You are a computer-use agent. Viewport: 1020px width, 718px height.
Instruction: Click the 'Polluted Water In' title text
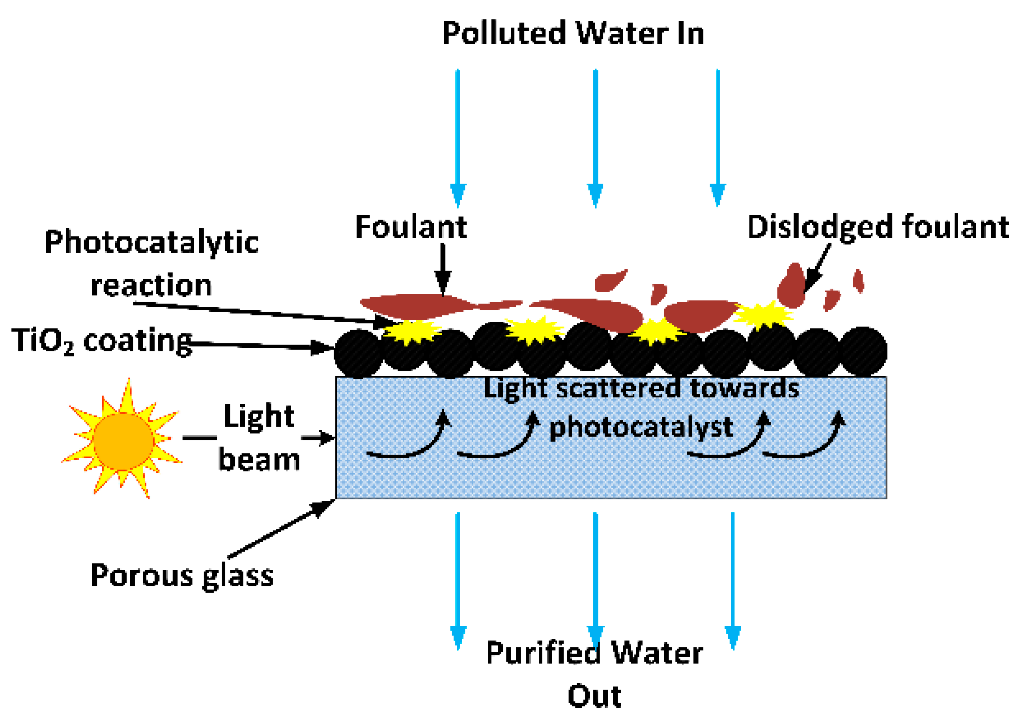[573, 33]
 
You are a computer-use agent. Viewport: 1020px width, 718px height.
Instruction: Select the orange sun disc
[123, 441]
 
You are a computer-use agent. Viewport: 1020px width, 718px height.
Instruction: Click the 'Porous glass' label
[182, 576]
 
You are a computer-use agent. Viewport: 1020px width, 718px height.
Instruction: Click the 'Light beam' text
[260, 437]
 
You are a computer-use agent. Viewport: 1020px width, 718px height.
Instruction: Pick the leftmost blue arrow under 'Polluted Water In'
[458, 138]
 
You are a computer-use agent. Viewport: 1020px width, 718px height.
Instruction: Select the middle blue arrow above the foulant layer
[595, 138]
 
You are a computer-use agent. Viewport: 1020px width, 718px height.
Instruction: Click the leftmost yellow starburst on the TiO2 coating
[411, 331]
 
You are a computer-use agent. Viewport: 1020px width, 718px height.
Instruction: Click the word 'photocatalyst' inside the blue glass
[641, 427]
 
